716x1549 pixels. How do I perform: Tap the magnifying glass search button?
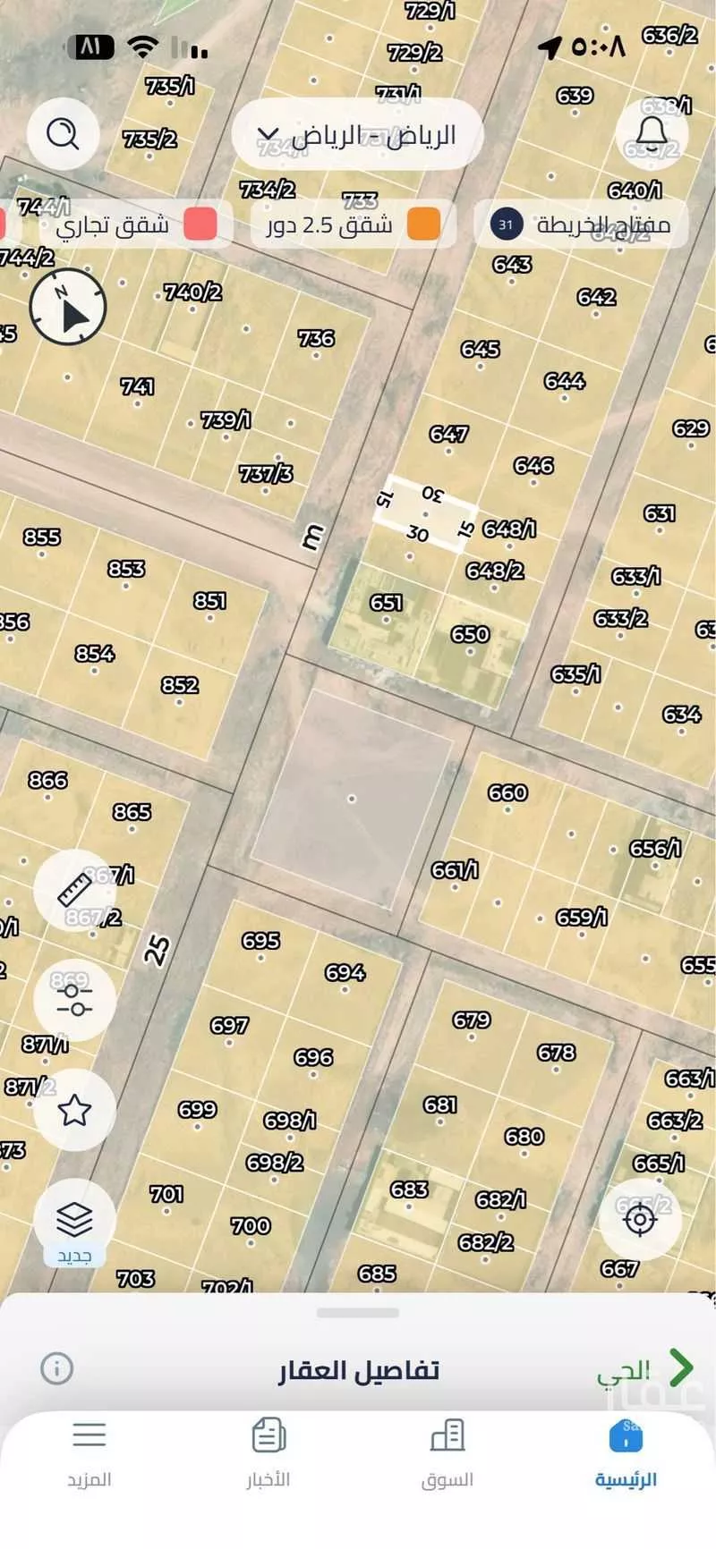(63, 134)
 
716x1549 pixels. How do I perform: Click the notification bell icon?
(652, 134)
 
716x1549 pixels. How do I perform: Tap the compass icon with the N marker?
(68, 307)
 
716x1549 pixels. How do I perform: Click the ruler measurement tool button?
(74, 890)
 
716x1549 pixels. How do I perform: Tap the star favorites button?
(74, 1111)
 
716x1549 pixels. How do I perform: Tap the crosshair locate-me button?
(640, 1219)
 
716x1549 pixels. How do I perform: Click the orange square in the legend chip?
(423, 224)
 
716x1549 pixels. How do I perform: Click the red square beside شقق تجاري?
(200, 224)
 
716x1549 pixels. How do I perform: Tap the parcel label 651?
(386, 603)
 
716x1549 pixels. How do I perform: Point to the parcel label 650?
(470, 634)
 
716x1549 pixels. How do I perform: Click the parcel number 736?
(316, 338)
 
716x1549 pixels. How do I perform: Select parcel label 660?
(507, 792)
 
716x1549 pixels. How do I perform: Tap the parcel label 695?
(260, 940)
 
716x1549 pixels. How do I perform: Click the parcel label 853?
(126, 569)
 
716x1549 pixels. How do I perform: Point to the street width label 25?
(157, 949)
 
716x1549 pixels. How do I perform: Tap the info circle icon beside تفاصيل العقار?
(56, 1367)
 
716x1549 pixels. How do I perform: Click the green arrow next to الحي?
(681, 1367)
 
